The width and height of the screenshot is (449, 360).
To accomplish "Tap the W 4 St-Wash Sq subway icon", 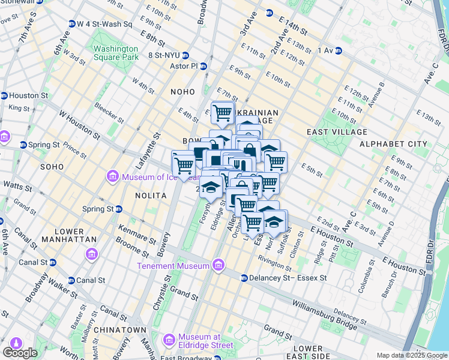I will tap(71, 25).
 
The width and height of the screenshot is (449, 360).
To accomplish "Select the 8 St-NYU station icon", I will tap(142, 55).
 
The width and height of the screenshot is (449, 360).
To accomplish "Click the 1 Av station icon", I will tap(339, 50).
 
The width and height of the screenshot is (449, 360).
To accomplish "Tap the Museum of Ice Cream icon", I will tap(112, 177).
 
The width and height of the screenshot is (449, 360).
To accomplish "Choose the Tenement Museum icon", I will tap(218, 266).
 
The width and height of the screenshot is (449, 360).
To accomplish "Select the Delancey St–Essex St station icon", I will tap(244, 278).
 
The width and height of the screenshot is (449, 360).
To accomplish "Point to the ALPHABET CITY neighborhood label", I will tap(393, 144).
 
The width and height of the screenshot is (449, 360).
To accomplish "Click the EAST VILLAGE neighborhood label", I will tap(336, 131).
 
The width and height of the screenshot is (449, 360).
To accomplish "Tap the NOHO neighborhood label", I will tap(182, 92).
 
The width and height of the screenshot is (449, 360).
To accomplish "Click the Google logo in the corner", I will tap(20, 353).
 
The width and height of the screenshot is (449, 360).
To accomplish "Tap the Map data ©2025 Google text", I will tap(411, 355).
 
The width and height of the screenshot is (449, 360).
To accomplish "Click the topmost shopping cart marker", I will tap(223, 112).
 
